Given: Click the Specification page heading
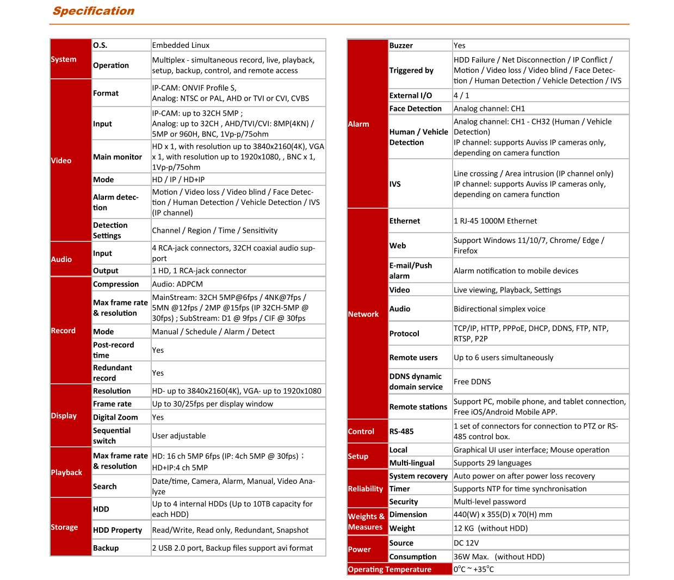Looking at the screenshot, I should (94, 11).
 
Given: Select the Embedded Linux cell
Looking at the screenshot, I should (181, 45).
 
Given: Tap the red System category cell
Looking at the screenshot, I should (70, 59).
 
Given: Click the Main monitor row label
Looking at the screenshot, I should (118, 157).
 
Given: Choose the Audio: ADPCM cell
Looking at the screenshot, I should (177, 284).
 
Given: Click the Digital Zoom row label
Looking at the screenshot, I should (115, 417).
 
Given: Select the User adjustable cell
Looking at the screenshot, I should (179, 436).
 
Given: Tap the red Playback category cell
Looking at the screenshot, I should (70, 472).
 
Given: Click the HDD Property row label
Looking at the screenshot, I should (118, 531).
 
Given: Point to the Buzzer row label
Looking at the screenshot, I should (401, 46).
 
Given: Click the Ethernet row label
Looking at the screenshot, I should (405, 221).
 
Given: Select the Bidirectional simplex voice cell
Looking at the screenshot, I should (499, 309).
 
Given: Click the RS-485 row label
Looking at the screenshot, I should (401, 432).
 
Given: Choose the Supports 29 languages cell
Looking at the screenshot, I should (493, 463).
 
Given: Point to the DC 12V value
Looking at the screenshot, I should (466, 543).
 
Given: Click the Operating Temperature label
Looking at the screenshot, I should (389, 570).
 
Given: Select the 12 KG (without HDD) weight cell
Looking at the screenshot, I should (491, 528).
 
